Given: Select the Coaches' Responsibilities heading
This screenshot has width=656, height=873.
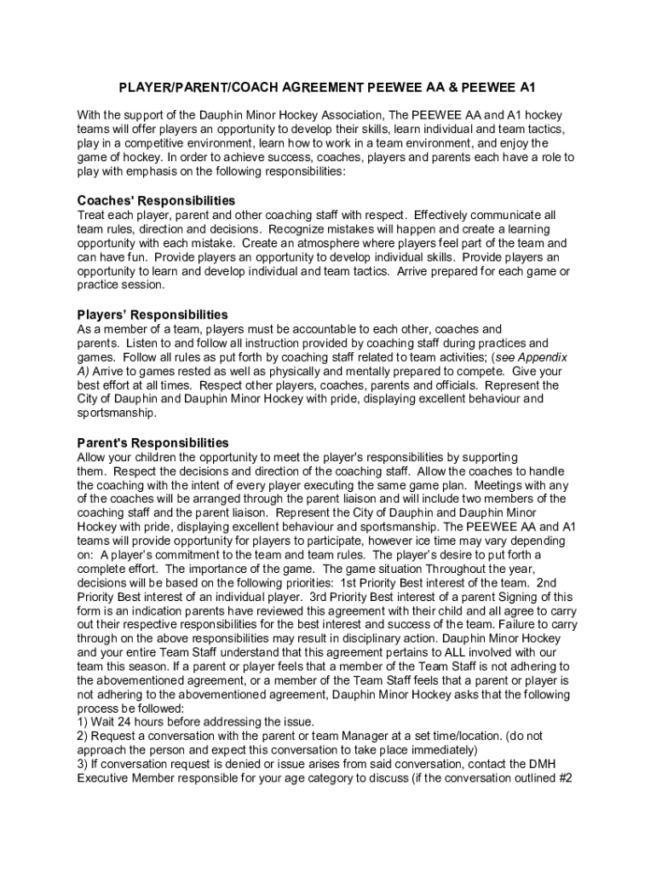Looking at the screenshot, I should (x=156, y=200).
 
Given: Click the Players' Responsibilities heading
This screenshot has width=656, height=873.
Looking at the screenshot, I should (x=152, y=315).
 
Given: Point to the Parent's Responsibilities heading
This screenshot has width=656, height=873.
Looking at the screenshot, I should (x=153, y=442).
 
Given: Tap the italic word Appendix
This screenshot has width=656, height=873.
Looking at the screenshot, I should (x=543, y=357).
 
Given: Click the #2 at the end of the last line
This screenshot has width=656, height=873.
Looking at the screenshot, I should (x=561, y=777).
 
